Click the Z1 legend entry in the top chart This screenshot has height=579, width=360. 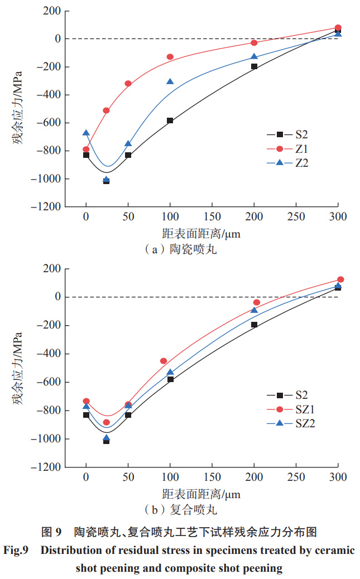click(302, 149)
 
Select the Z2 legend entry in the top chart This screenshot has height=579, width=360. click(302, 163)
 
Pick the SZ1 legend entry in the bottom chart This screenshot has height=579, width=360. click(304, 409)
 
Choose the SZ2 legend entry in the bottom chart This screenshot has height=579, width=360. click(304, 423)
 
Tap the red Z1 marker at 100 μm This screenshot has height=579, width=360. click(170, 57)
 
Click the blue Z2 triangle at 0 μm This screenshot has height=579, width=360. click(86, 133)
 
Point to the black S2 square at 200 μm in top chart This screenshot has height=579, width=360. click(254, 66)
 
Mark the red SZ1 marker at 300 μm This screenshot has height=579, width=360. click(340, 279)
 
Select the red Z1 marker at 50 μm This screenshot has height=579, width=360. click(128, 84)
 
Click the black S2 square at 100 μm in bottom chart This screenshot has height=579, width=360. click(170, 379)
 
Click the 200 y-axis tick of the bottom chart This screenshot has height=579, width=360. click(53, 269)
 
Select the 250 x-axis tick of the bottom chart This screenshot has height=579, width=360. click(296, 477)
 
